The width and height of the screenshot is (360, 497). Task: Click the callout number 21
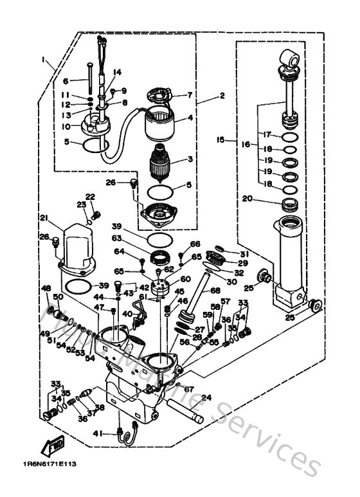[44, 217]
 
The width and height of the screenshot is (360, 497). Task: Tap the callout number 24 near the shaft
[206, 398]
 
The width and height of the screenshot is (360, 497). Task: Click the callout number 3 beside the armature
[190, 159]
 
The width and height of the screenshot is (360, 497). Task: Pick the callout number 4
[190, 118]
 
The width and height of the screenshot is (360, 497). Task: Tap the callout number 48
[46, 287]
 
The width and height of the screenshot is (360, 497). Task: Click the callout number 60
[186, 279]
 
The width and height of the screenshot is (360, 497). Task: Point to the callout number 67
[189, 389]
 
